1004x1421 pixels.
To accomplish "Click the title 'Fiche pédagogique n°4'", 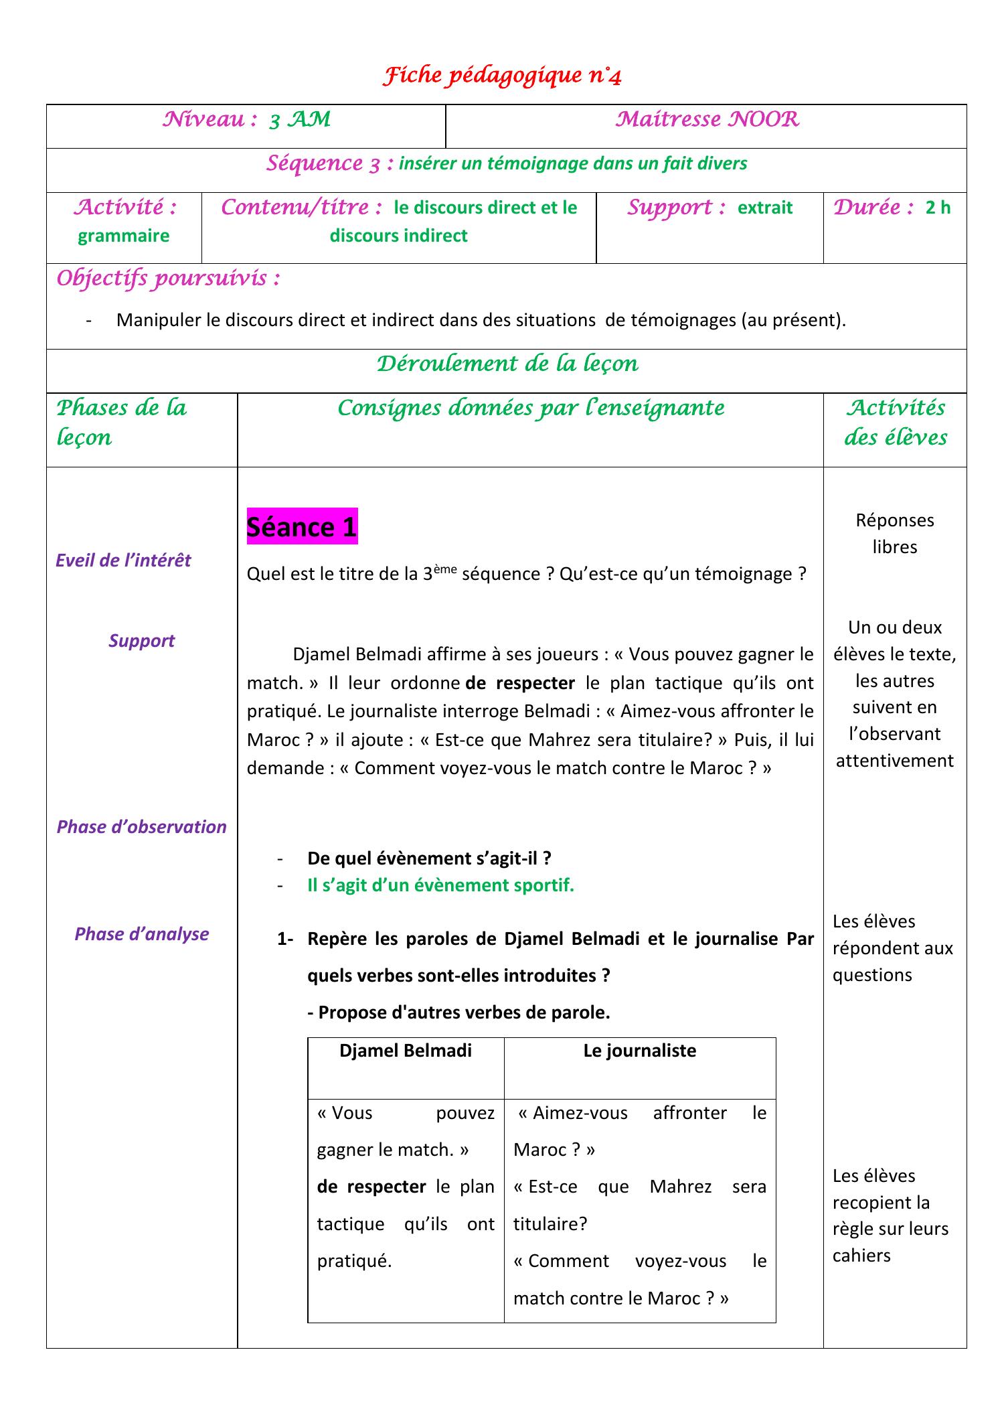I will (502, 76).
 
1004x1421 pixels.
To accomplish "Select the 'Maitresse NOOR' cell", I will (707, 120).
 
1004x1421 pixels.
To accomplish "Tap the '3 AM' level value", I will (300, 120).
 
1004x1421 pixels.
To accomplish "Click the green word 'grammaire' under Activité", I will (124, 236).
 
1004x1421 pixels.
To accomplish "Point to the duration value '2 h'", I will (938, 208).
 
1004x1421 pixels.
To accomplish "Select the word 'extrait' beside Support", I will (764, 208).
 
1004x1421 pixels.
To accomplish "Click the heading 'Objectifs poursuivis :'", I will (168, 278).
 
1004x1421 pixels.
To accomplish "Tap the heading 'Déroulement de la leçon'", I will (507, 364).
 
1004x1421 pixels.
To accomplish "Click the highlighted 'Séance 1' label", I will (302, 526).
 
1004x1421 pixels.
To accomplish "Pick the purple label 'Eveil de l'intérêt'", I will (123, 560).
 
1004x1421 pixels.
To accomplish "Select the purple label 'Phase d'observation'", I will (141, 826).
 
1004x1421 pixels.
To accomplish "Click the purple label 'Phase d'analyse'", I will (141, 933).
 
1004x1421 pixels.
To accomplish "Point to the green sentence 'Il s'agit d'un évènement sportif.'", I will (440, 885).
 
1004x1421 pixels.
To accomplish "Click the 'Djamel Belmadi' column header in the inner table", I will (406, 1050).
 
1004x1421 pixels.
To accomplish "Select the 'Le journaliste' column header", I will (639, 1050).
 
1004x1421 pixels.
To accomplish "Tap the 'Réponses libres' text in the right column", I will (894, 533).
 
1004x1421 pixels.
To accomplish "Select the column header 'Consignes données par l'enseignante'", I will (531, 408).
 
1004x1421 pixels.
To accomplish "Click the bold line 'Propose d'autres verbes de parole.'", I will (458, 1012).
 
